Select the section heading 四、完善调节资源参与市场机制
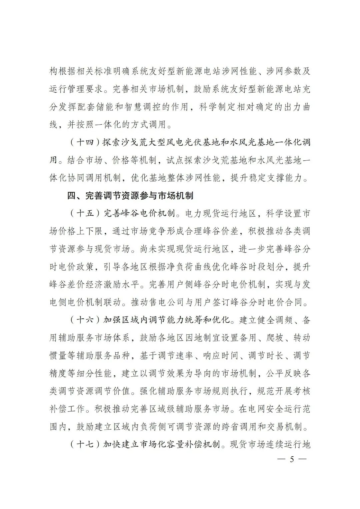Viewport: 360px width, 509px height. [130, 195]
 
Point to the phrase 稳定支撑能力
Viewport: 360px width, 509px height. [279, 178]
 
